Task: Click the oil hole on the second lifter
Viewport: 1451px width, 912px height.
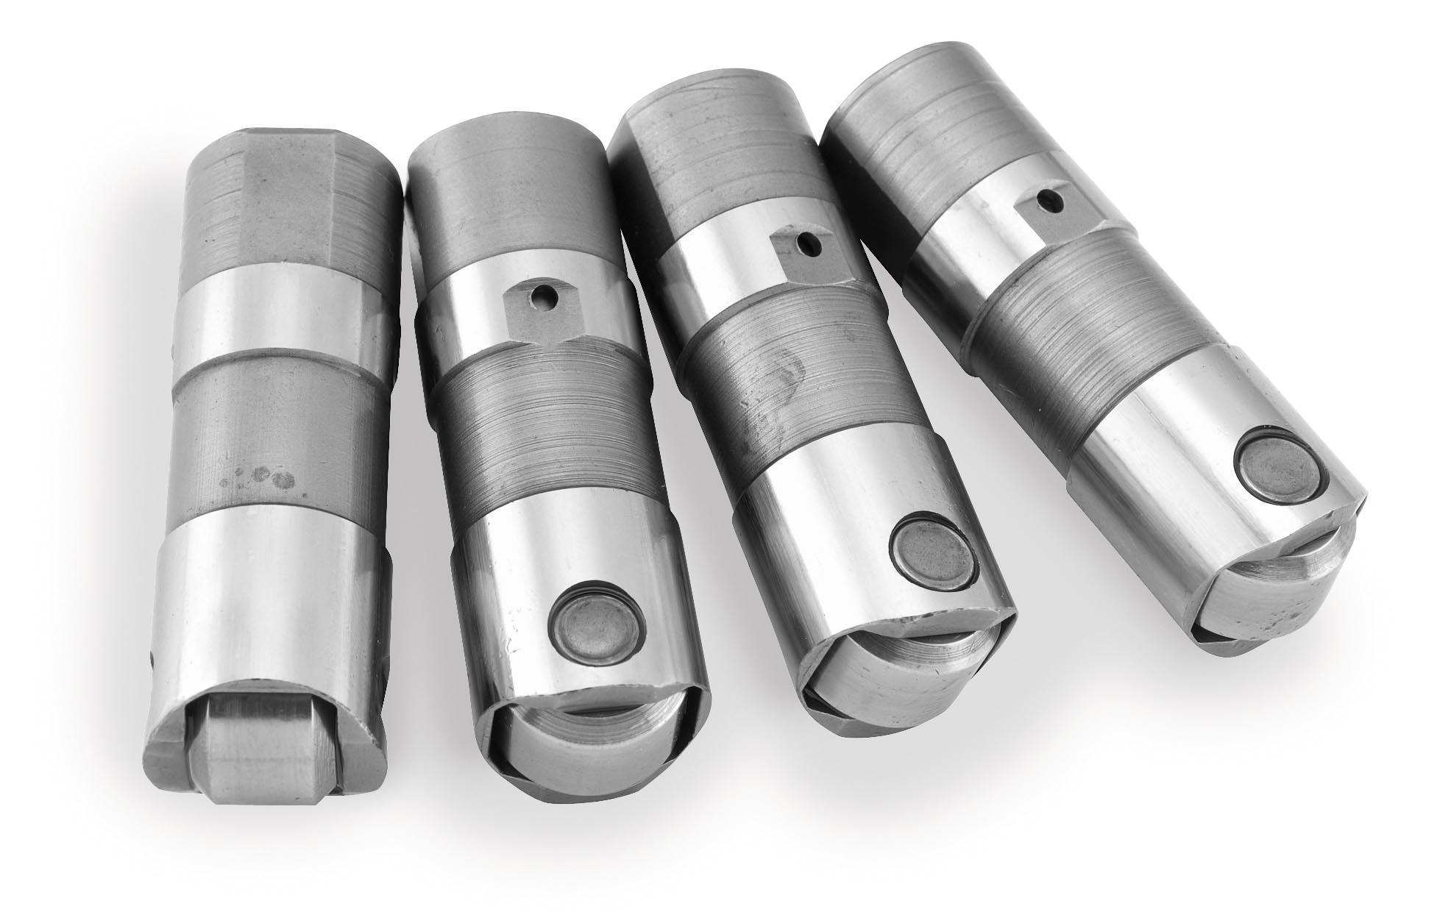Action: tap(543, 299)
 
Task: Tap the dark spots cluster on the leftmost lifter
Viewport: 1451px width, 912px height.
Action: tap(261, 478)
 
